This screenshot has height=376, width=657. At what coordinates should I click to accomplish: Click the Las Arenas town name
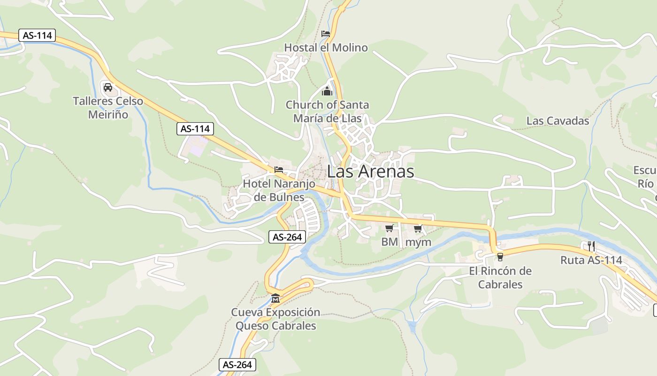(370, 172)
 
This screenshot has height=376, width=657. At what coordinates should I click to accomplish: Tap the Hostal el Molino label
(326, 47)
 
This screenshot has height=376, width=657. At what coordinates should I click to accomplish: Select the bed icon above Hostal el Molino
(326, 34)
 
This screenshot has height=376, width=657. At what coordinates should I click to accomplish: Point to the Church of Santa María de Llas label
(327, 111)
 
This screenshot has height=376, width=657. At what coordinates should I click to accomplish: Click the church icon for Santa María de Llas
(327, 91)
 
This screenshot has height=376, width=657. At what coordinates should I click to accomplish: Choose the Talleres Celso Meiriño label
(108, 108)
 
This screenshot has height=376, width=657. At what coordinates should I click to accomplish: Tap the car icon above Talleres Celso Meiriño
(107, 87)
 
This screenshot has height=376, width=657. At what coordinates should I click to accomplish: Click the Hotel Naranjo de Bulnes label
(279, 190)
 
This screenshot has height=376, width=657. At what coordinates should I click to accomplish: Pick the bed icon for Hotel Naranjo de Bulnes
(279, 170)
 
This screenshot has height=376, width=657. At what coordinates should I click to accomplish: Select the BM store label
(389, 242)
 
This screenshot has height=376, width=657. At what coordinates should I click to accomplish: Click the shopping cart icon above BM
(389, 228)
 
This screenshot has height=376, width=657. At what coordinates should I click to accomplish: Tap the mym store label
(418, 242)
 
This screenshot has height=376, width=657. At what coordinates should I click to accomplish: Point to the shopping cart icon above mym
(418, 229)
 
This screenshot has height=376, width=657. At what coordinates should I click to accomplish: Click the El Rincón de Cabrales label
(500, 278)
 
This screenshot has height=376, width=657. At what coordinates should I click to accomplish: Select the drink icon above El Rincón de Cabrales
(500, 257)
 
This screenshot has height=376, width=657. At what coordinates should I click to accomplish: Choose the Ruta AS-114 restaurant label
(591, 260)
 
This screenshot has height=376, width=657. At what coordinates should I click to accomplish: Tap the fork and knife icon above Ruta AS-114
(591, 246)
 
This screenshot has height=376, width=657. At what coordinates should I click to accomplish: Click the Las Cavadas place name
(558, 121)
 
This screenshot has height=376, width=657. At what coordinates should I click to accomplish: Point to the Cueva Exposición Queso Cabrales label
(275, 319)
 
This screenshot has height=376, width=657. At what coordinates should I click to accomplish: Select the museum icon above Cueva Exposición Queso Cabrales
(275, 298)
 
